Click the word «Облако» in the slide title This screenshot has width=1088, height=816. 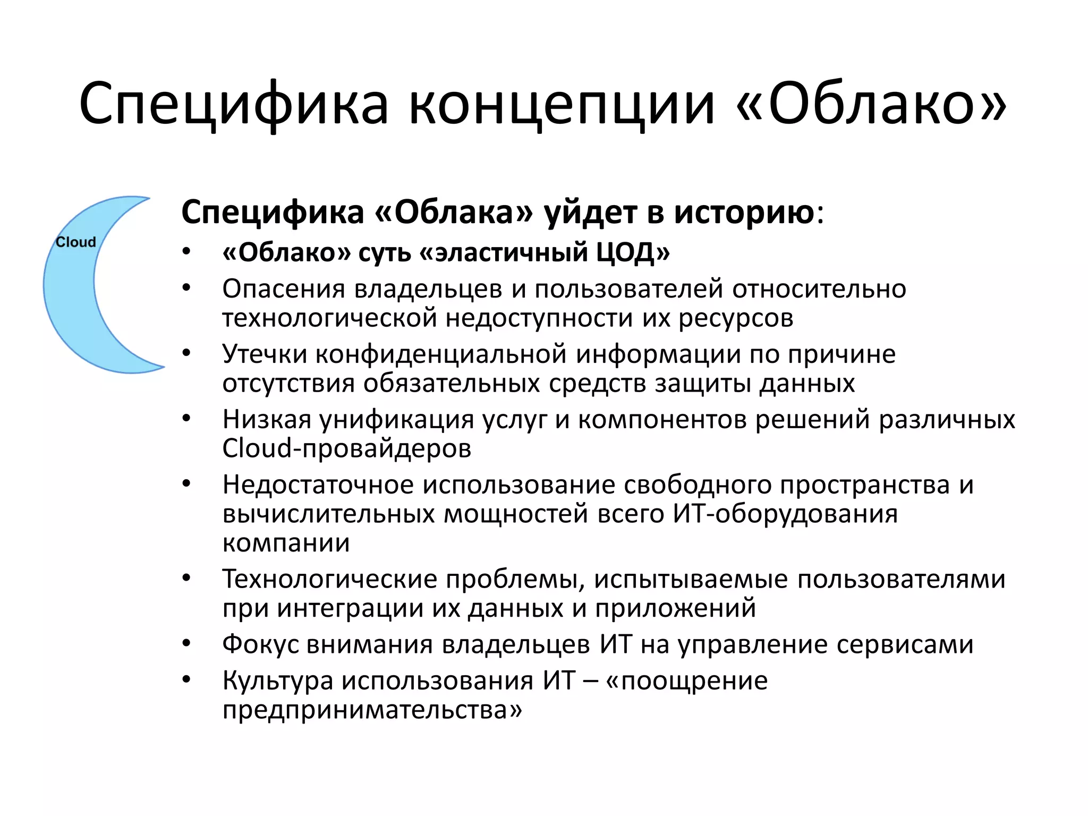pos(871,103)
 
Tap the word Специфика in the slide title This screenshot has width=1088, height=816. pos(234,103)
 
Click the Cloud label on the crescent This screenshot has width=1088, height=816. pos(76,242)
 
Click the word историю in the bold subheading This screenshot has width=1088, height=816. pos(744,212)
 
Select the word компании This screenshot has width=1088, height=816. pos(286,543)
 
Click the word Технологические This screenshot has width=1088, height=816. pos(329,579)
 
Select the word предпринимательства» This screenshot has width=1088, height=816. pos(372,710)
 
